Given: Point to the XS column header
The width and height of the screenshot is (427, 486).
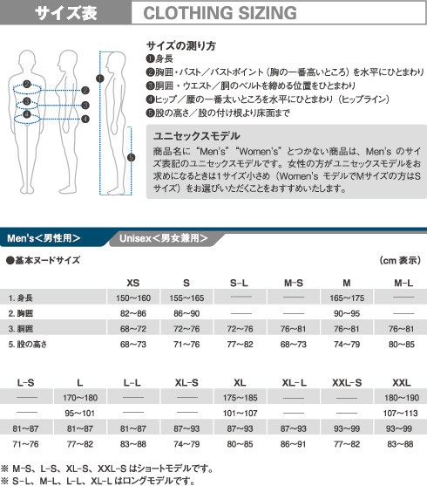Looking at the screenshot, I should point(132,282).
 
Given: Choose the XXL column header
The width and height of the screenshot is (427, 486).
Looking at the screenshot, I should point(402,383).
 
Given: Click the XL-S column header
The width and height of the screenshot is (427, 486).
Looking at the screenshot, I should point(186,383).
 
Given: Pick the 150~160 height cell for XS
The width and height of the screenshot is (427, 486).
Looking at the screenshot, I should point(132,298).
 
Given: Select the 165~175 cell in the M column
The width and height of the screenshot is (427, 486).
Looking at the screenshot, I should point(348,298).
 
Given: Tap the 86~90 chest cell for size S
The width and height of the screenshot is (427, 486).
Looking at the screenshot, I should point(186,312).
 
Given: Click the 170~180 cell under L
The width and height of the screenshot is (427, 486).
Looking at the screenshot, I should point(79,398).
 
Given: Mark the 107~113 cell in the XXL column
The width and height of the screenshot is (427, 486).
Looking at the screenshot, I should point(402,413).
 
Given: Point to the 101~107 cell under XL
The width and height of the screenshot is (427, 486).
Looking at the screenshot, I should point(241,413).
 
